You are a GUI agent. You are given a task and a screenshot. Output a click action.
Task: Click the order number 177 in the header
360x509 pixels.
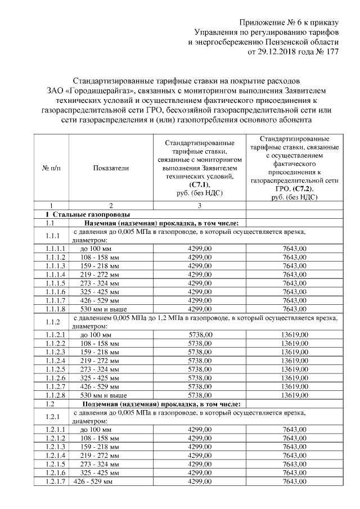(332, 52)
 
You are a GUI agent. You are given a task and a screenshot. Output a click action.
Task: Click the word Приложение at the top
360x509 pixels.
(262, 22)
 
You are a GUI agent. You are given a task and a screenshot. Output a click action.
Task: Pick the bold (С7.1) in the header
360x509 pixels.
(200, 184)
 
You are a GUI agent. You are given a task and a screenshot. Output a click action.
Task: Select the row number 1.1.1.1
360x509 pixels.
(56, 248)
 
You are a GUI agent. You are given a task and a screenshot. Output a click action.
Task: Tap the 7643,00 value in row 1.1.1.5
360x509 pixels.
(294, 283)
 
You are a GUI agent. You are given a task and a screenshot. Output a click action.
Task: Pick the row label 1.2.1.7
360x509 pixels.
(56, 482)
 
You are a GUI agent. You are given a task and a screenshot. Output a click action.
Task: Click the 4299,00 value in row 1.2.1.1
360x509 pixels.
(201, 430)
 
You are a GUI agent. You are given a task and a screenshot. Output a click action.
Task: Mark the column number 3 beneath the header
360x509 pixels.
(200, 206)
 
